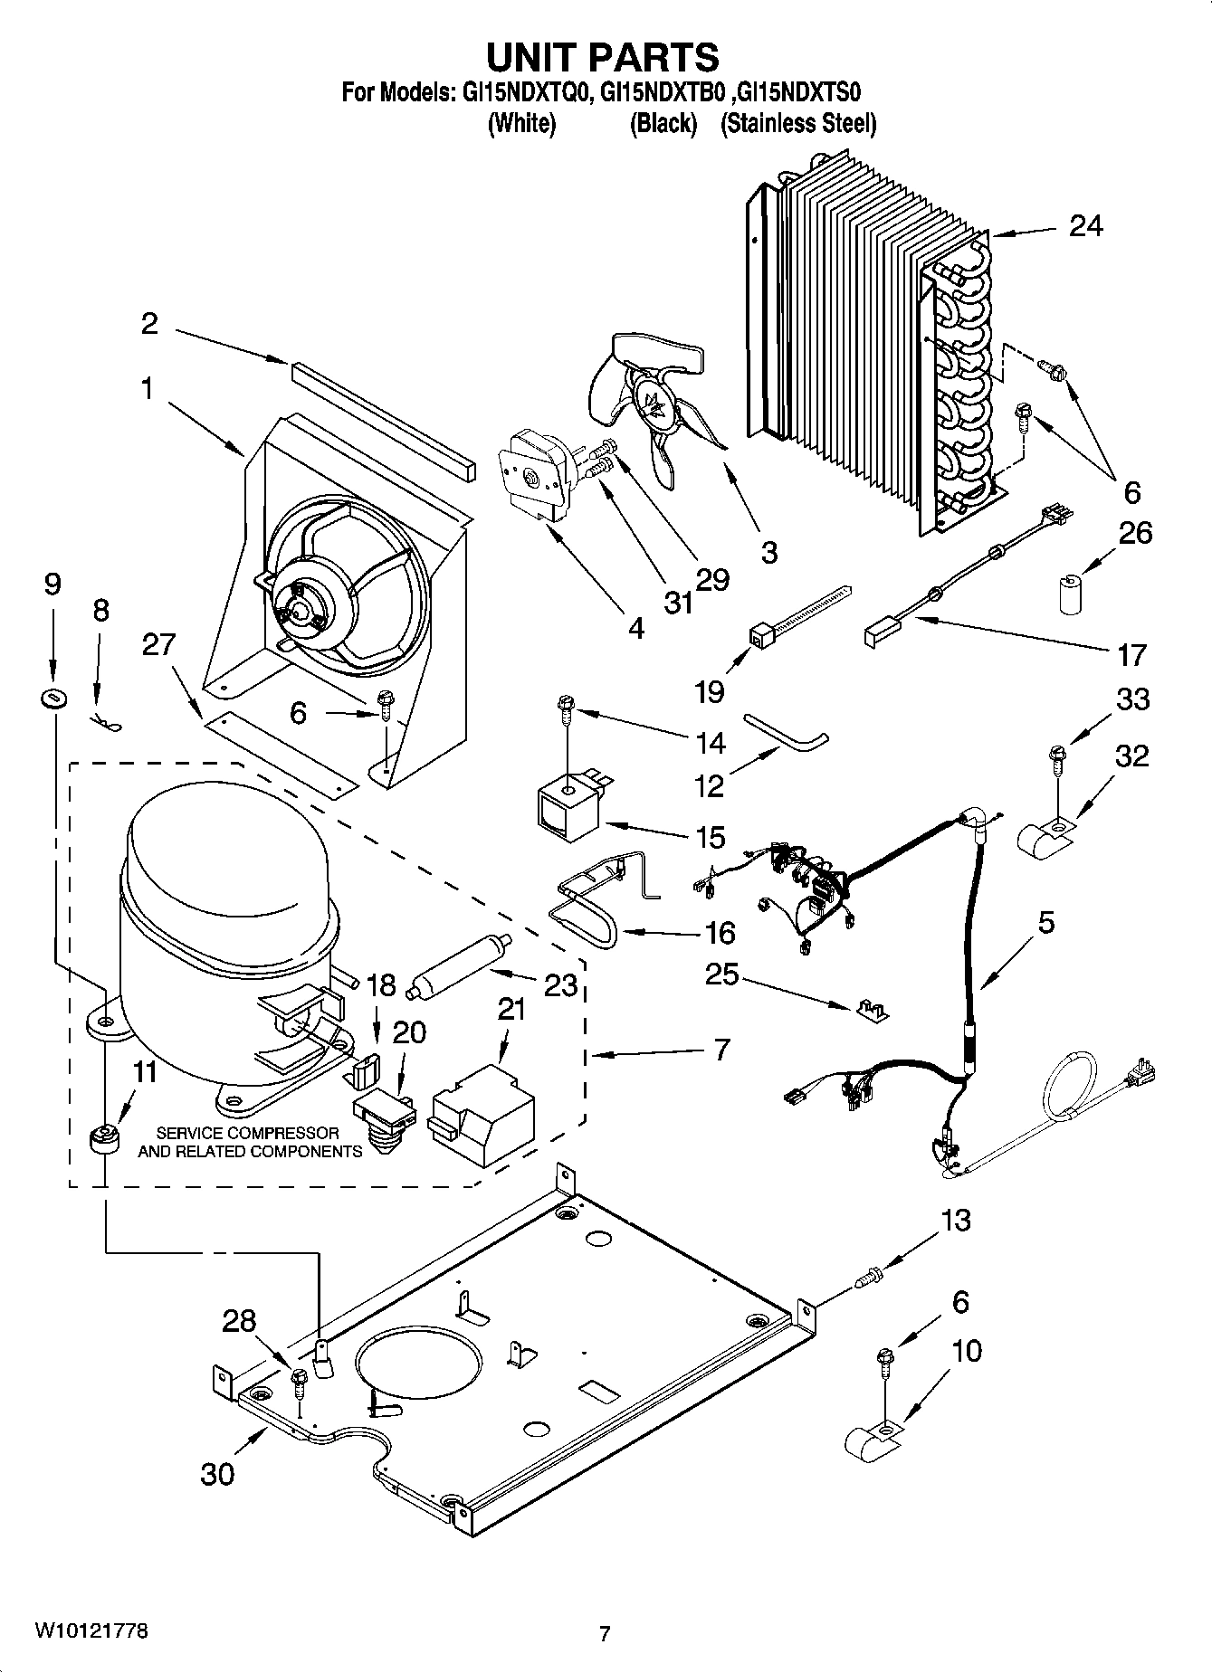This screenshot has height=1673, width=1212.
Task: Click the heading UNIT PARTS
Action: click(603, 57)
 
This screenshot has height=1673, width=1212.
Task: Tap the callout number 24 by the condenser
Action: click(1085, 225)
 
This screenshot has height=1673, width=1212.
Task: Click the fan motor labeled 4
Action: click(530, 475)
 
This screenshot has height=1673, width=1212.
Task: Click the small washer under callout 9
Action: click(53, 698)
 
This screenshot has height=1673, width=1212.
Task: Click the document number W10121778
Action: click(91, 1631)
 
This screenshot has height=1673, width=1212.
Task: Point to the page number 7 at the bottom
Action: click(605, 1634)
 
